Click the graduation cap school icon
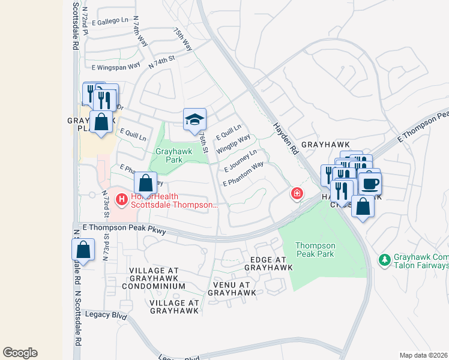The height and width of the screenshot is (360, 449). click(194, 119)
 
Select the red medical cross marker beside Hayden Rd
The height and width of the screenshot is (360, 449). click(297, 193)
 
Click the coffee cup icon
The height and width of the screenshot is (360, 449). click(369, 183)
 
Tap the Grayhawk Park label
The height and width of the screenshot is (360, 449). click(173, 155)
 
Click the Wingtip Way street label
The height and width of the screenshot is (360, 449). click(234, 144)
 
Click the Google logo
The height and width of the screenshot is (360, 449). click(20, 353)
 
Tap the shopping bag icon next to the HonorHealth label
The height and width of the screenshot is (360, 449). click(145, 183)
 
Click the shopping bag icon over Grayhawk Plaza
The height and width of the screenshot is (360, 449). click(101, 122)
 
